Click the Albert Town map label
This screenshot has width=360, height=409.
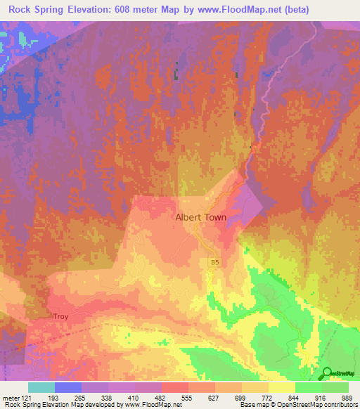coord(200,218)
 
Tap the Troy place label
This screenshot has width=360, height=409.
coord(60,317)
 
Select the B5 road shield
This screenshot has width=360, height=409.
coord(214,261)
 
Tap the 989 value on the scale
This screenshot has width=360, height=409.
coord(349,396)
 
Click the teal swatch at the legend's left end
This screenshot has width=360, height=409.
coord(41,387)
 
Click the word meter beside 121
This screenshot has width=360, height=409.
coord(12,396)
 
